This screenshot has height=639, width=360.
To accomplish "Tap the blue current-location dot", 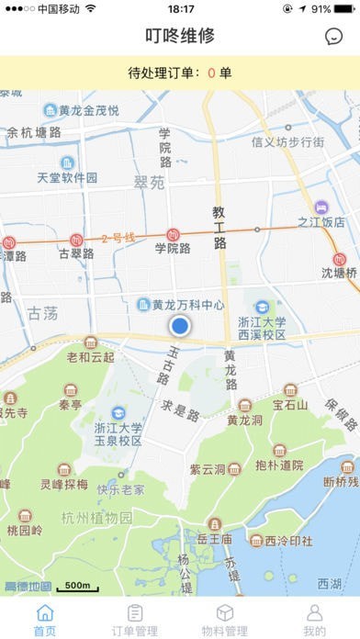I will pos(180,326).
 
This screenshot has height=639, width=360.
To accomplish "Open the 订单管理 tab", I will pos(134,620).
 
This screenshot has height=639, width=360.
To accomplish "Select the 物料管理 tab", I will pos(224,620).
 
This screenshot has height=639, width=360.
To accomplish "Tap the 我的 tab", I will pos(314,620).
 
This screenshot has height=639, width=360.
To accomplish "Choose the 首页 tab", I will pos(44,620).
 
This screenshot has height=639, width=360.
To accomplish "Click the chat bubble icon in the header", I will pos(333,36).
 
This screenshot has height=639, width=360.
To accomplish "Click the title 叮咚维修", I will pos(180,36).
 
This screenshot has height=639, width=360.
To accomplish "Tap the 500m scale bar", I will pos(77,587).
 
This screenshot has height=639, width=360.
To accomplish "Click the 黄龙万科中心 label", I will pos(187,305).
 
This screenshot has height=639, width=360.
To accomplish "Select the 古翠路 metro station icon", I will pos(76,237).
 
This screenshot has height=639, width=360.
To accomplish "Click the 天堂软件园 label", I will pos(67,177).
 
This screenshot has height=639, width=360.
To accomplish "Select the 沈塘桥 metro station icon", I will pos(340,261).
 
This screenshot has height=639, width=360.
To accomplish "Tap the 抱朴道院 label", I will pos(279,465).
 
